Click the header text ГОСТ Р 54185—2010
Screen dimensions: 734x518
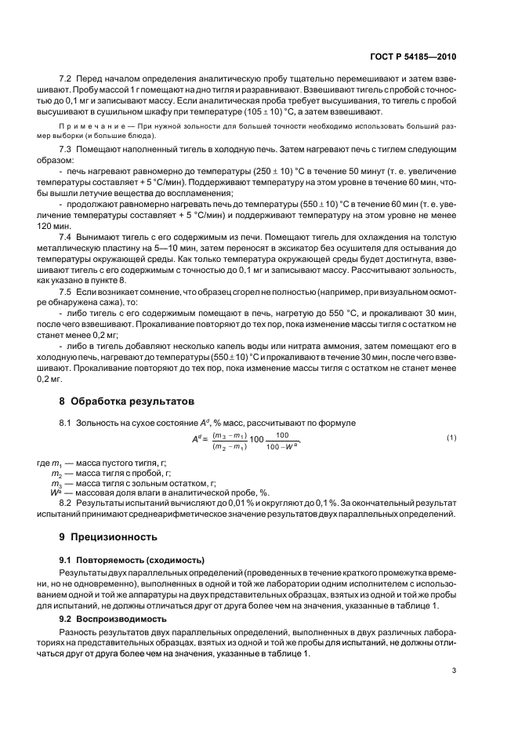(x=417, y=57)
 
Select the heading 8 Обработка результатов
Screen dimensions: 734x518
(x=126, y=402)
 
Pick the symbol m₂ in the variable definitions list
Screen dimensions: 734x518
(x=56, y=474)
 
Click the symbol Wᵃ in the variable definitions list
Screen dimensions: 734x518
(x=56, y=492)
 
